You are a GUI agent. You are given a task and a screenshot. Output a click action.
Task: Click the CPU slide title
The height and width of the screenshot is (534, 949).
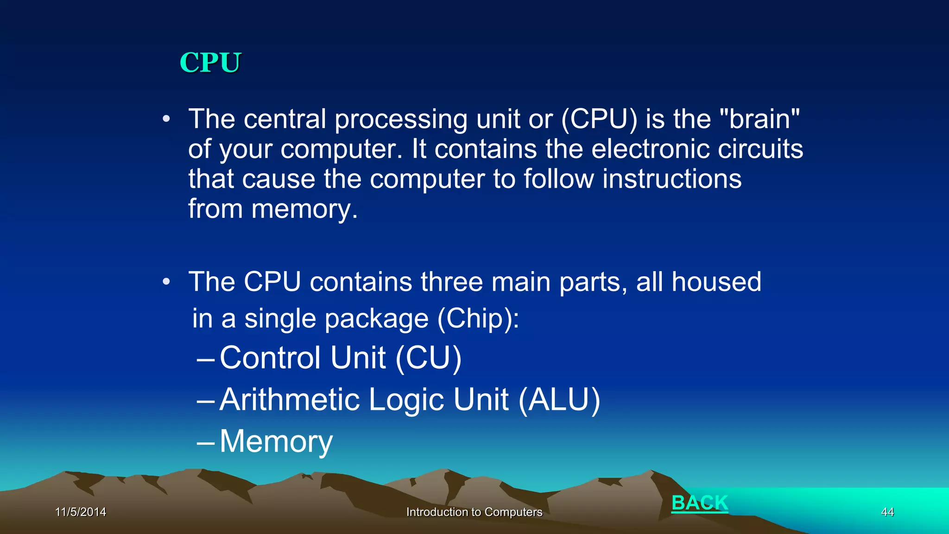210,63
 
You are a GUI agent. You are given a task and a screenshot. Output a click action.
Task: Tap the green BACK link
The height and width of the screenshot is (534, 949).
700,503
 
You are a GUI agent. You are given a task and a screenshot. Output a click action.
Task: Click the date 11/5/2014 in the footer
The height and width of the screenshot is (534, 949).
81,512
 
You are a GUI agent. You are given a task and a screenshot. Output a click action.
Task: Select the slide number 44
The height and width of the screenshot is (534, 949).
887,512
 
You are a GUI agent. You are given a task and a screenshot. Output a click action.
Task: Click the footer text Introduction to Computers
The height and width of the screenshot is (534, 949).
474,512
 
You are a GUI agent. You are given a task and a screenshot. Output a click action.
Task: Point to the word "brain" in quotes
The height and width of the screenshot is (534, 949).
760,119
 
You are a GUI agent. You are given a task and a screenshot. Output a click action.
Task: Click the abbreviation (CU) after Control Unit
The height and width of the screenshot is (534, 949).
429,358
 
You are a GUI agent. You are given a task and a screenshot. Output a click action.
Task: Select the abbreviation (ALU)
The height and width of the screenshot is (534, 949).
559,400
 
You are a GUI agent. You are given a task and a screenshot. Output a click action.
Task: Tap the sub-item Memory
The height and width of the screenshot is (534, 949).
276,441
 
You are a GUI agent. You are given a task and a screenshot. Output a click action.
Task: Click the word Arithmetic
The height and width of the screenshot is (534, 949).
290,400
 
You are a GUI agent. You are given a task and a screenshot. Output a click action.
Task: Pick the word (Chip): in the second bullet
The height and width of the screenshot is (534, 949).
479,319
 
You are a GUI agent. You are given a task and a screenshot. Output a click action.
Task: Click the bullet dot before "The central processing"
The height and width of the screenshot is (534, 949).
166,120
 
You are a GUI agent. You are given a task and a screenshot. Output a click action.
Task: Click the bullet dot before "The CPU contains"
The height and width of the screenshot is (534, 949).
166,282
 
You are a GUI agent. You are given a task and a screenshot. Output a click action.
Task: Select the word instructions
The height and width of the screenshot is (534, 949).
672,179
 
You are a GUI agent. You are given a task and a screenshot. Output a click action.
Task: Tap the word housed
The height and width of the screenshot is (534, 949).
716,282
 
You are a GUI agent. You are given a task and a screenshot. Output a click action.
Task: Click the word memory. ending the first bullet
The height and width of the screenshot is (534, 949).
304,210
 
